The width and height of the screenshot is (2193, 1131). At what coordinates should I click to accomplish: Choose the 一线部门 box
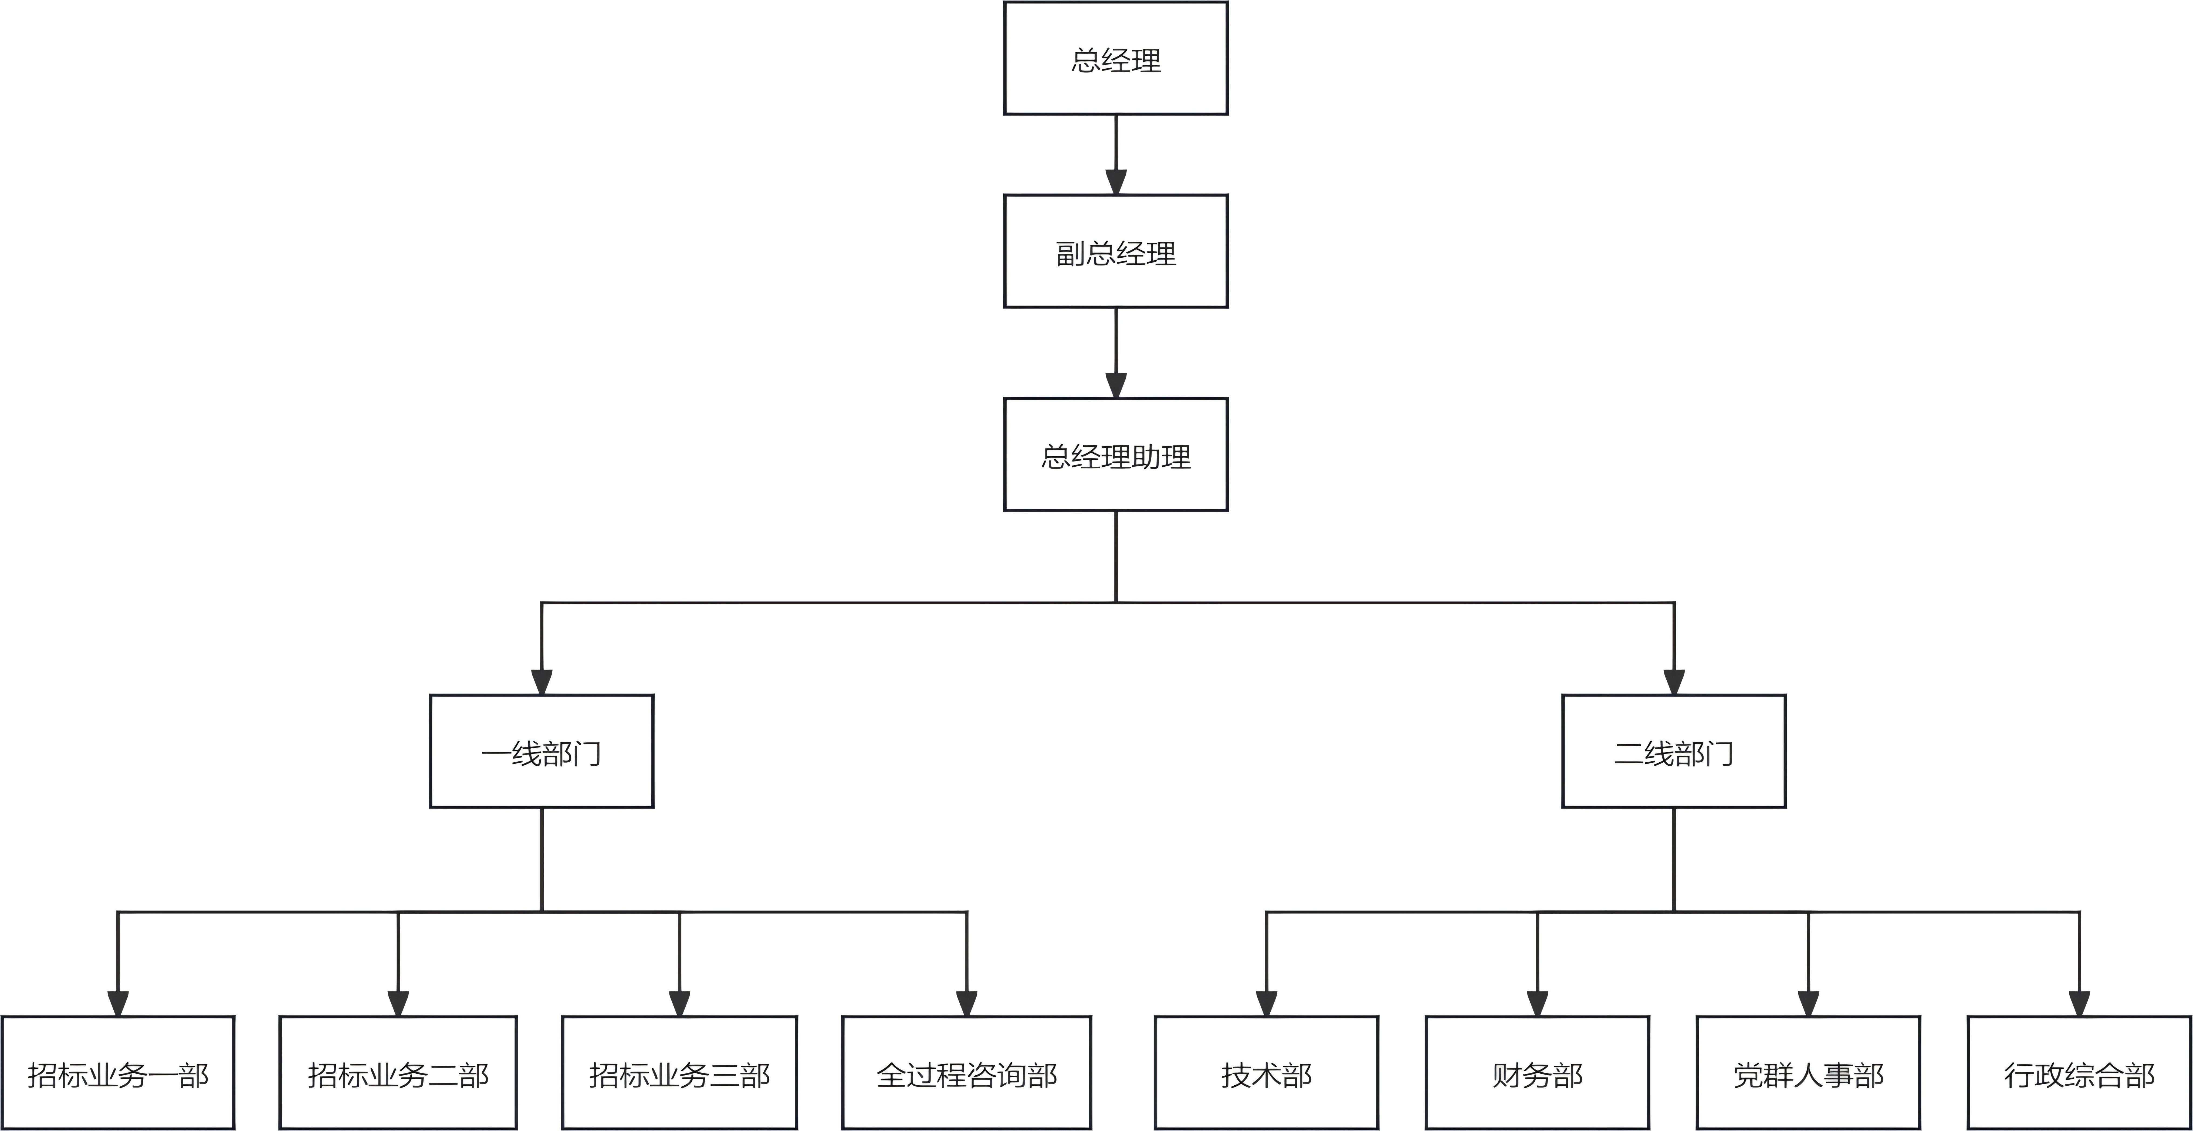coord(542,751)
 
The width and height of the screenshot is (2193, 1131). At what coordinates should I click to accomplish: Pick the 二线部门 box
coord(1674,751)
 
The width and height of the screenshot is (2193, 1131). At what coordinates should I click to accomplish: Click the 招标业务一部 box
coord(117,1073)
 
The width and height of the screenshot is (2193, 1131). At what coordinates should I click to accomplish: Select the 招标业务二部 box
coord(398,1073)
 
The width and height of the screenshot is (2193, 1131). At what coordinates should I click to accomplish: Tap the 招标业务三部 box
coord(679,1073)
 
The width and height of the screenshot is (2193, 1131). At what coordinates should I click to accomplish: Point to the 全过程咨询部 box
coord(966,1073)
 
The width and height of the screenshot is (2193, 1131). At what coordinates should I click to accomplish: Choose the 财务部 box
coord(1538,1073)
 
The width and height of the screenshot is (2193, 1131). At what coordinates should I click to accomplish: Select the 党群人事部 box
coord(1808,1073)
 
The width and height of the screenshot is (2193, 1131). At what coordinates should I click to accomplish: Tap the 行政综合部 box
coord(2079,1073)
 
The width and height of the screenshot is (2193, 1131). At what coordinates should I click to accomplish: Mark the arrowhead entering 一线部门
coord(542,682)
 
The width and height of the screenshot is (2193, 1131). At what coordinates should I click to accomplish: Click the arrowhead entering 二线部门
coord(1674,682)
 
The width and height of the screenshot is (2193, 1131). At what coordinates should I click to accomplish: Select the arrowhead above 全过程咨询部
coord(966,1004)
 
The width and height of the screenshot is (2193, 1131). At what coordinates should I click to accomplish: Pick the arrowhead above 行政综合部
coord(2079,1004)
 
